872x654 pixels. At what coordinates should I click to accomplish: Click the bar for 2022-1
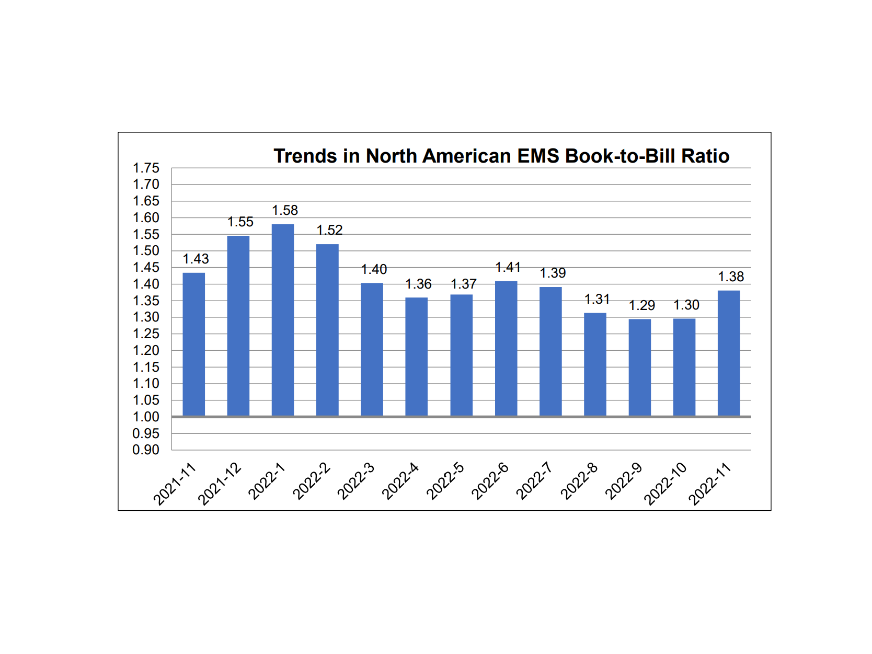283,320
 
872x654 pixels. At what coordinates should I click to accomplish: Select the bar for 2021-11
193,344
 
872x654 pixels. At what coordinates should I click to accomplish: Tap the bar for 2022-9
639,367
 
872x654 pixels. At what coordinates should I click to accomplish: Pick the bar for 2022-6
506,348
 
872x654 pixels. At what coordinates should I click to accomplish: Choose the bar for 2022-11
729,353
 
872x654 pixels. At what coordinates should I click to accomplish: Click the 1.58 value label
285,210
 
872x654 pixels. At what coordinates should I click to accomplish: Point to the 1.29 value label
641,305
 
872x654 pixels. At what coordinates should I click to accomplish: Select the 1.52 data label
329,230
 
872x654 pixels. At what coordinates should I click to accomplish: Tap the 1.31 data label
597,299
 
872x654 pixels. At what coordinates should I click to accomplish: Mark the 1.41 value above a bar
508,267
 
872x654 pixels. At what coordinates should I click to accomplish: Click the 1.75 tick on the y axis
146,168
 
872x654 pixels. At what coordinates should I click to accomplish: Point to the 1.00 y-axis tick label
146,417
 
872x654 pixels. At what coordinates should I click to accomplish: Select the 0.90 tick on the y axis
146,450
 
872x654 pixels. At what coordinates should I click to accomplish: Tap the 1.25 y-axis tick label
146,334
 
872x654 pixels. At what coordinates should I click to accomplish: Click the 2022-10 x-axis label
665,484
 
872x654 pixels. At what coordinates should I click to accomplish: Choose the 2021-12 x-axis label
220,484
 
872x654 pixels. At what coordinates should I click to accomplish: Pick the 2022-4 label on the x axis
400,481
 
